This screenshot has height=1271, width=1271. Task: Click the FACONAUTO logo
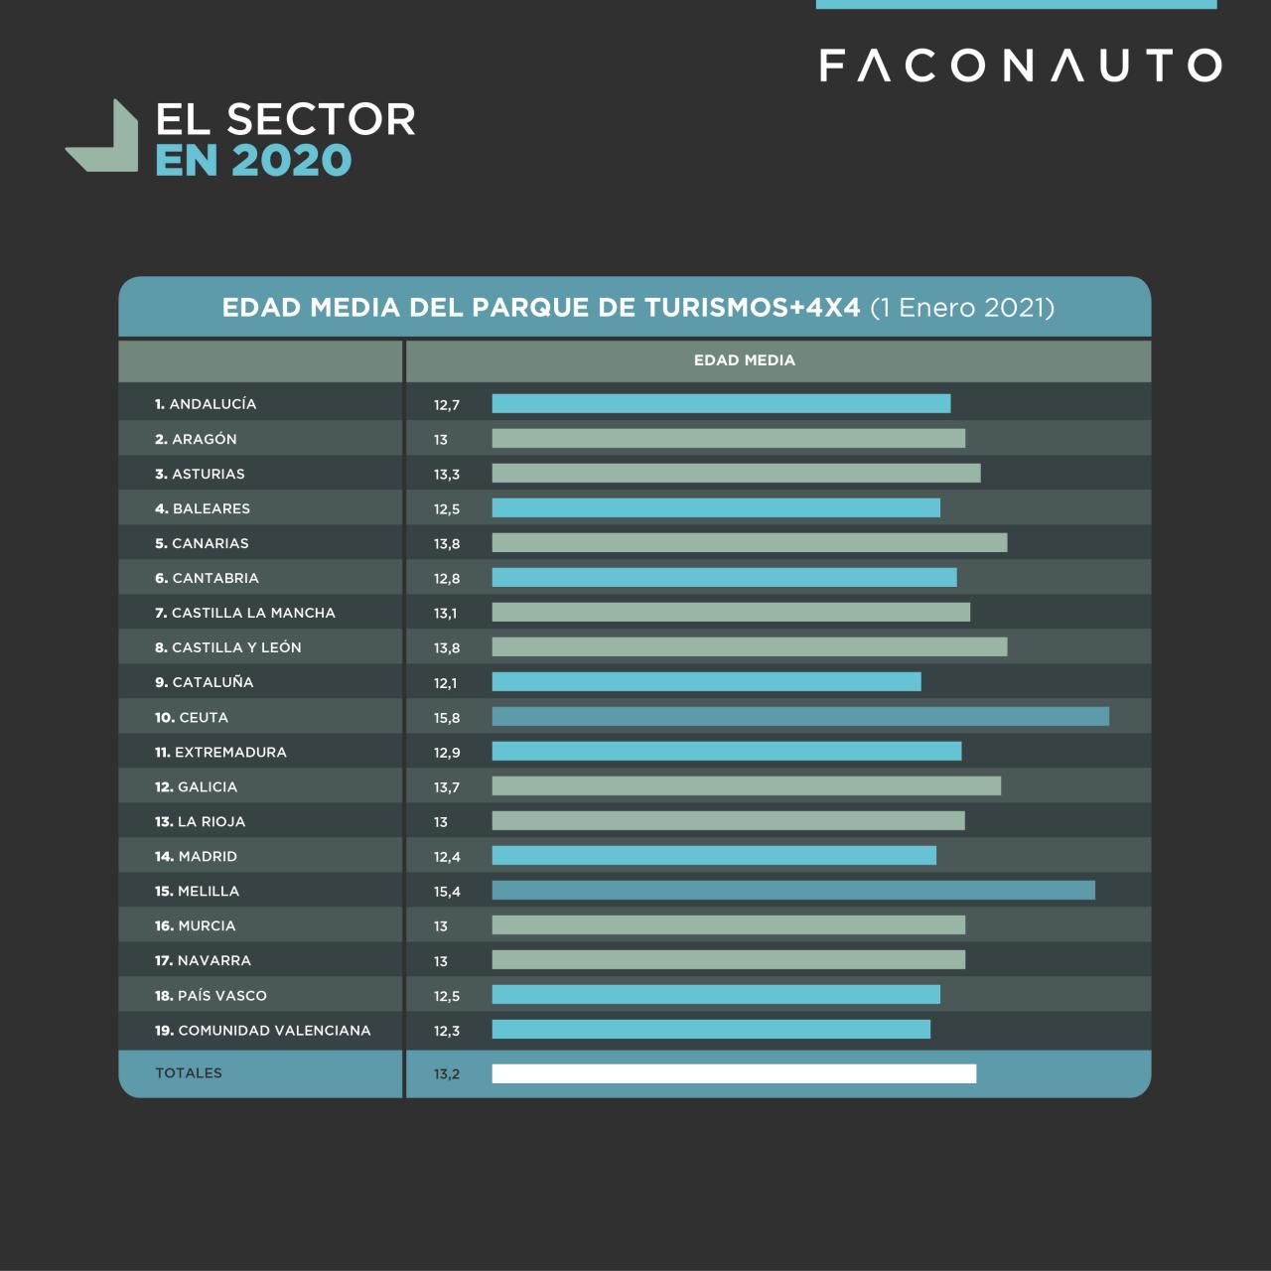1020,66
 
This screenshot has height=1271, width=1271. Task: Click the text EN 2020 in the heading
253,161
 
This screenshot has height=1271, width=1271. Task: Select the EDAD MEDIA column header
744,360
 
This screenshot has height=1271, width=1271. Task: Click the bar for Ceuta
799,717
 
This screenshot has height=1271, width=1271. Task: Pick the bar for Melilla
792,891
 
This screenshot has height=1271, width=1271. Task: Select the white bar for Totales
734,1073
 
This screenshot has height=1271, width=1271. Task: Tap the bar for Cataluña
706,682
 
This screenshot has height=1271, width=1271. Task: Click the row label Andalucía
206,404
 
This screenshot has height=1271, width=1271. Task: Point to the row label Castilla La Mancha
245,613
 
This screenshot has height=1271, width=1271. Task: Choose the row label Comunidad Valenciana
263,1031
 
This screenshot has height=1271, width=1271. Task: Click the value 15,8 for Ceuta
447,718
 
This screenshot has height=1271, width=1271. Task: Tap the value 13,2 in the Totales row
447,1074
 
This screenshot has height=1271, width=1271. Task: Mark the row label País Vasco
211,996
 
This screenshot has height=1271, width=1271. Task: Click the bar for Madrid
714,856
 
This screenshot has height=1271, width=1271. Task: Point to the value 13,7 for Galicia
447,787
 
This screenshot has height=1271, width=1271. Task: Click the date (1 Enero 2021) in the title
961,308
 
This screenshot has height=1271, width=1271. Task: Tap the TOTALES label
189,1073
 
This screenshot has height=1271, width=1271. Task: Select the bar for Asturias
736,474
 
